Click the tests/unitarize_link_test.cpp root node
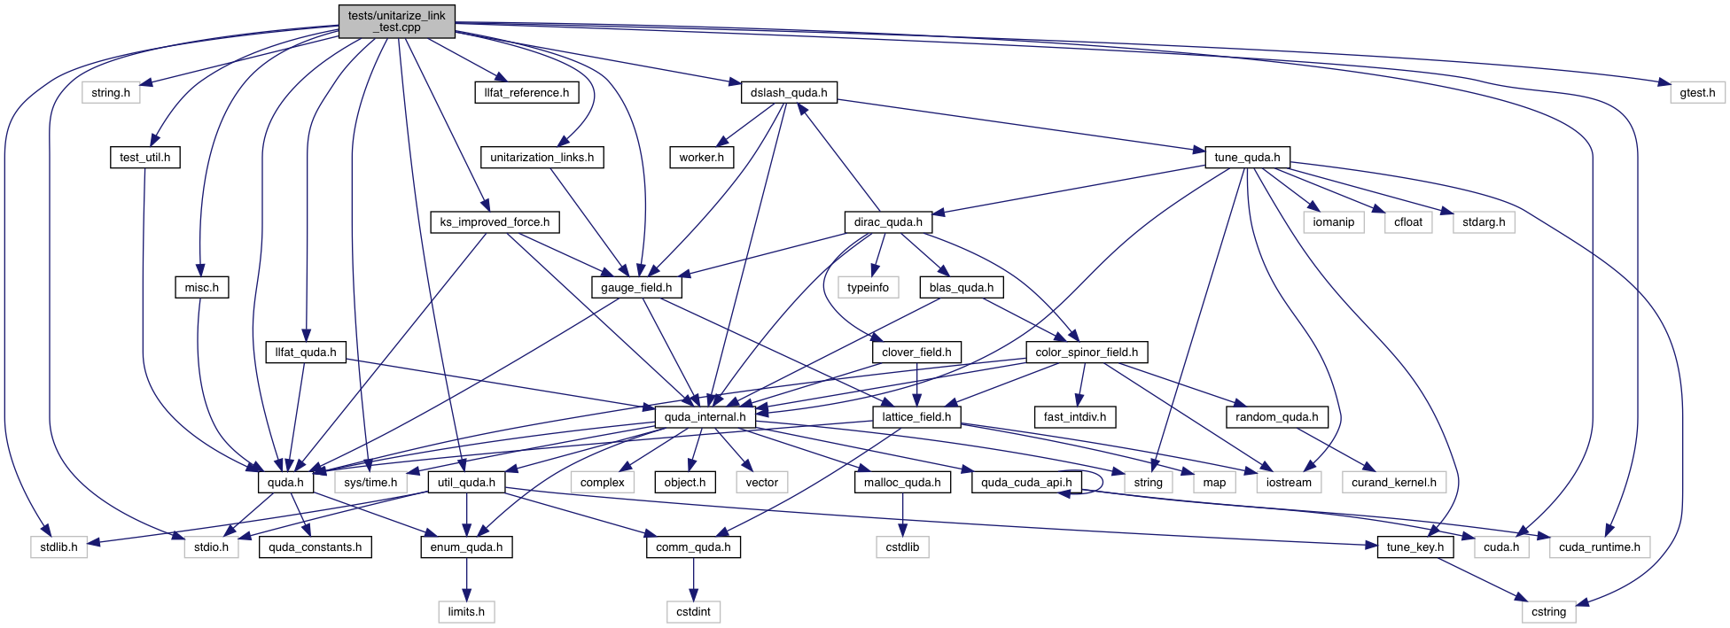point(396,21)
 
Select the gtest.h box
point(1697,92)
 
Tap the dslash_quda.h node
point(789,92)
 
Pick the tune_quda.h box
point(1247,158)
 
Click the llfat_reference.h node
point(526,92)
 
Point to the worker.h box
point(701,158)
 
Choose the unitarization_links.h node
point(542,158)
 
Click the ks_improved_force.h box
point(495,222)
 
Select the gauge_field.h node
point(636,288)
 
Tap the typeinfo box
point(868,288)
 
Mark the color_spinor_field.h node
point(1087,353)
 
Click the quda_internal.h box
point(705,417)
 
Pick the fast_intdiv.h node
point(1075,417)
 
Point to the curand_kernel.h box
point(1394,483)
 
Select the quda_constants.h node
point(315,547)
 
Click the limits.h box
point(466,612)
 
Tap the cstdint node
point(693,612)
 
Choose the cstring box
point(1548,612)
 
